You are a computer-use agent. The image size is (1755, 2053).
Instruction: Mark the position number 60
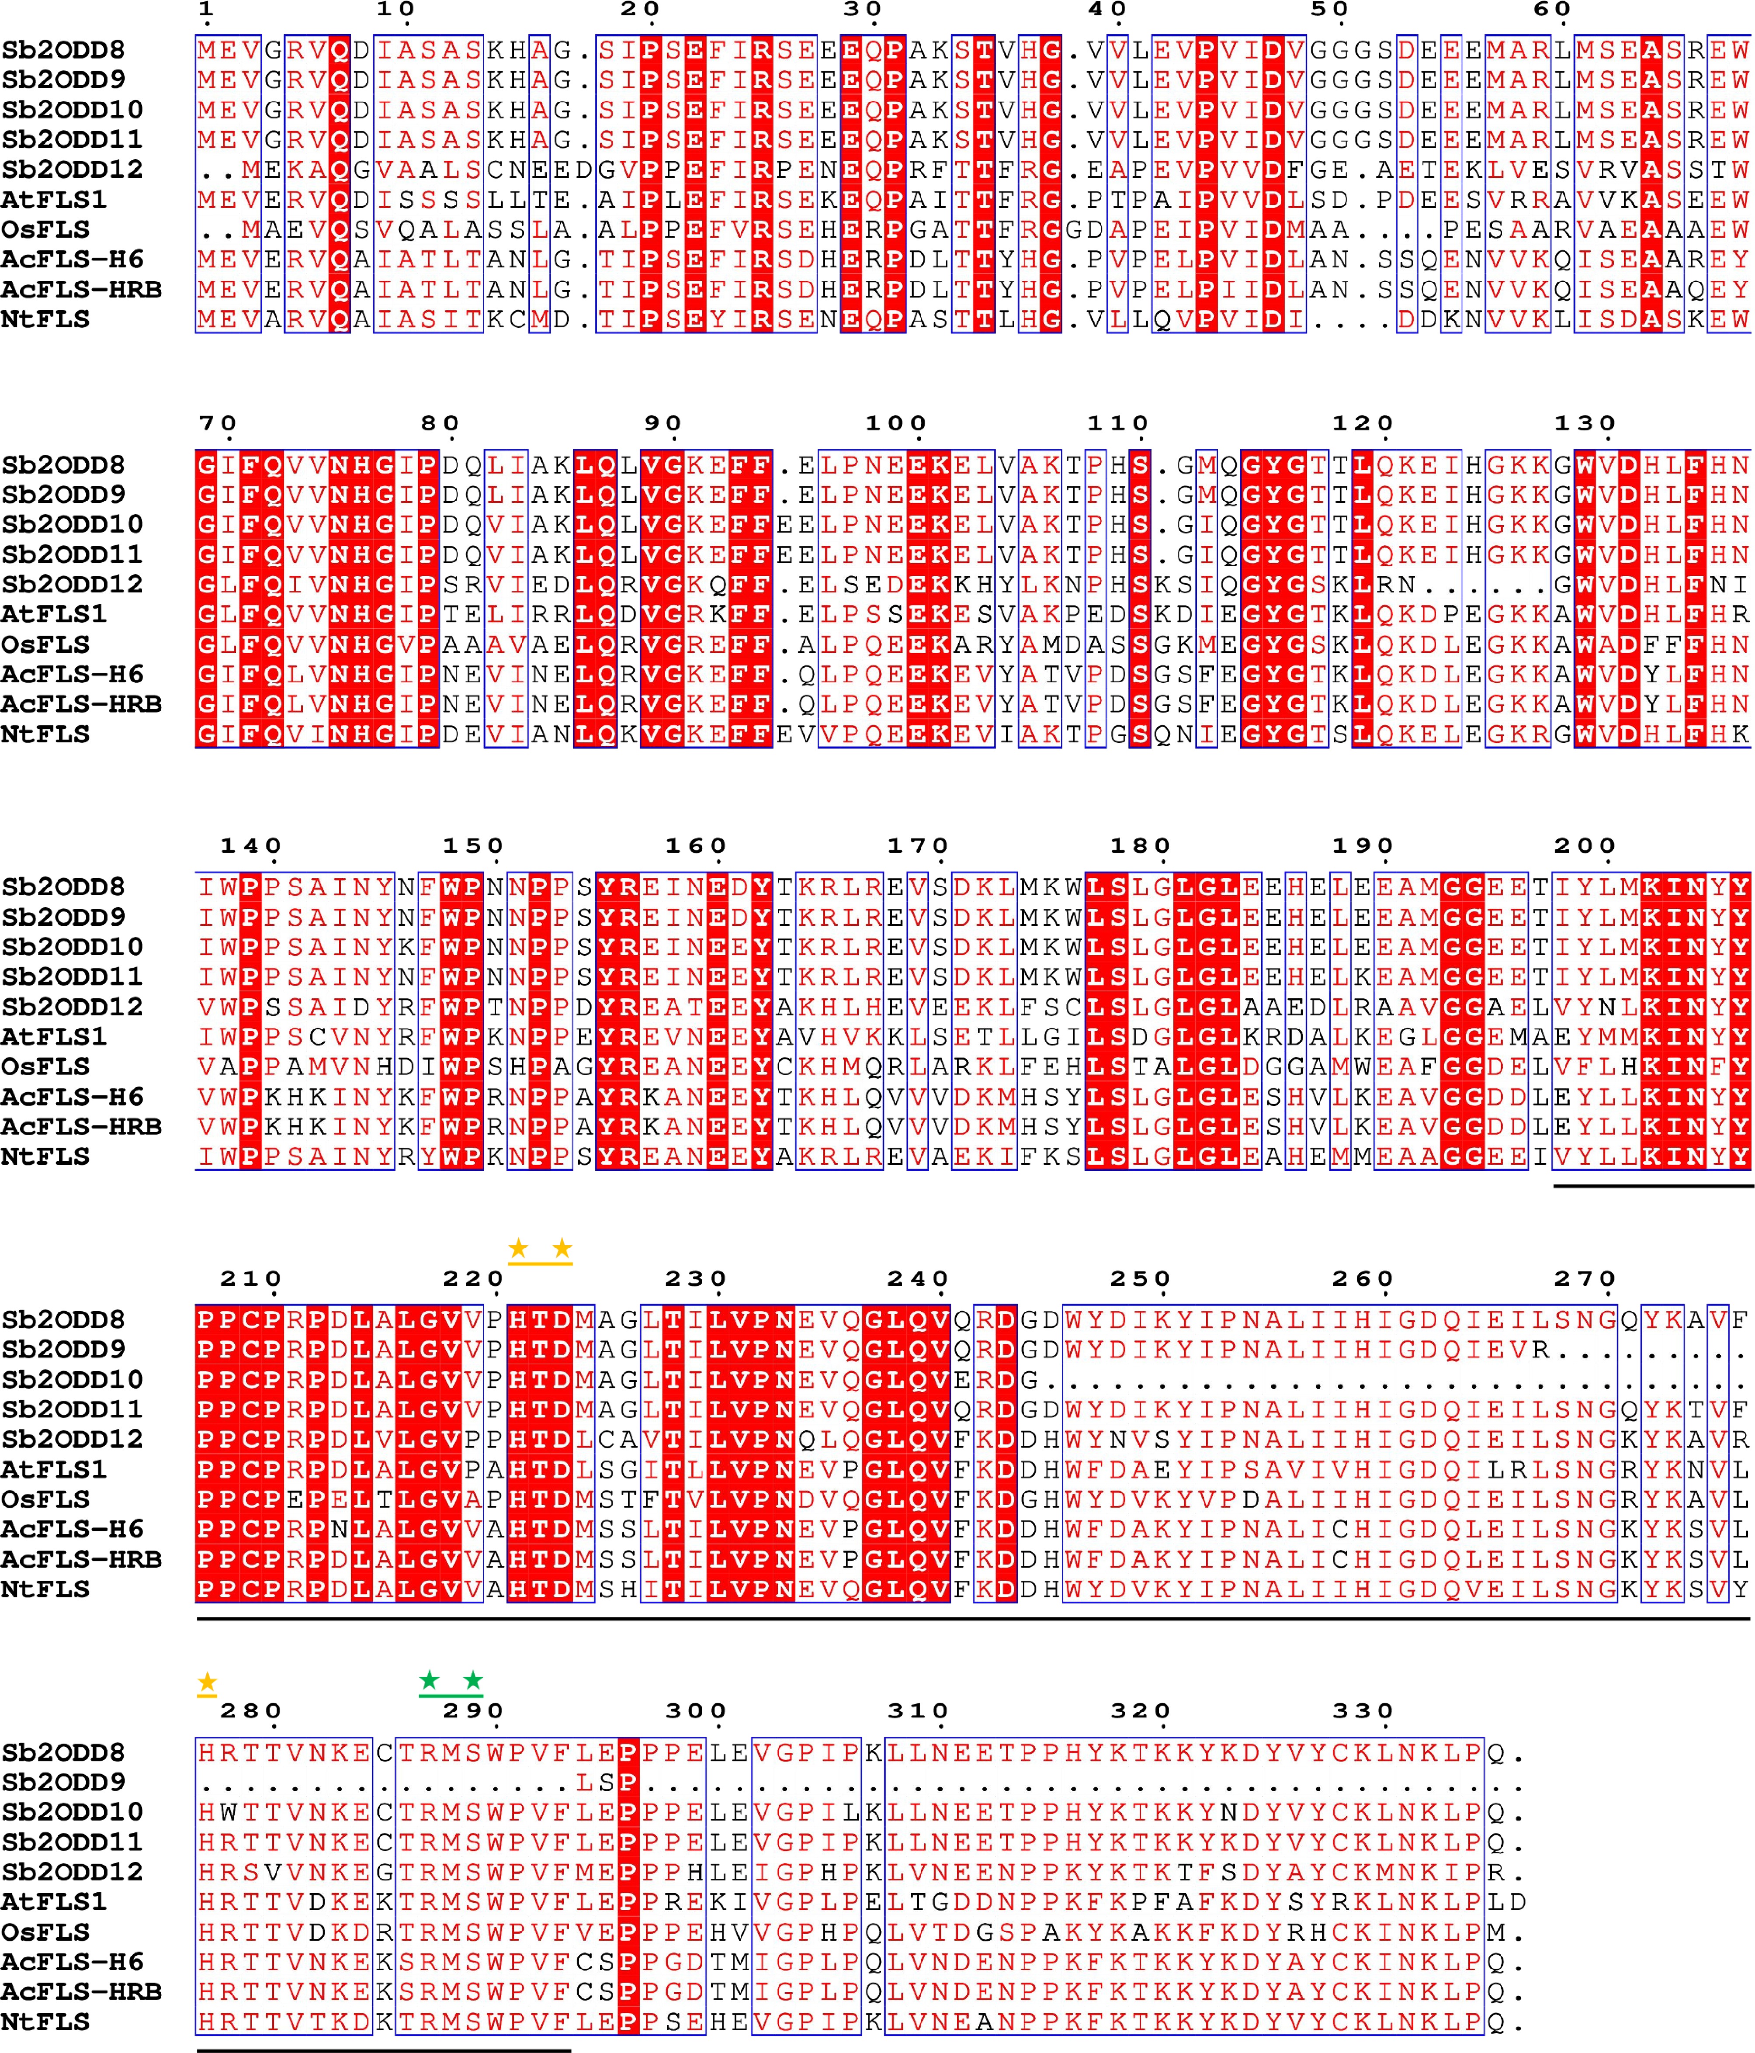click(1552, 10)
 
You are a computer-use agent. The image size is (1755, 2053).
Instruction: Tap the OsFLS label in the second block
click(45, 644)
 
